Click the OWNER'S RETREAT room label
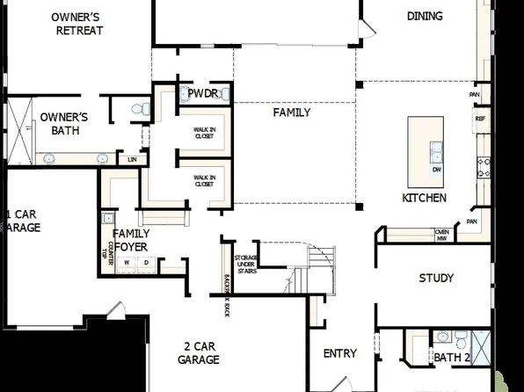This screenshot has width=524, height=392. tap(77, 24)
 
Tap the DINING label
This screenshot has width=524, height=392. tap(425, 16)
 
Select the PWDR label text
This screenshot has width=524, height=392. tap(202, 93)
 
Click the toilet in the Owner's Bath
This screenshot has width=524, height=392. tap(137, 109)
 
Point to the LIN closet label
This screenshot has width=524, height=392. tap(132, 159)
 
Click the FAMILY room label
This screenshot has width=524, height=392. tap(291, 113)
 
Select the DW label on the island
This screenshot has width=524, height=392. tap(437, 170)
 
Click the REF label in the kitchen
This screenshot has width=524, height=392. tap(480, 118)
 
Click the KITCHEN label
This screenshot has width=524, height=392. tap(424, 198)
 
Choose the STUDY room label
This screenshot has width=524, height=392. tap(436, 278)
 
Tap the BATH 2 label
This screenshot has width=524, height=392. tap(453, 357)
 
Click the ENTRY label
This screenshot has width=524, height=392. tap(340, 353)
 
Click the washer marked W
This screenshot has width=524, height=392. tap(126, 262)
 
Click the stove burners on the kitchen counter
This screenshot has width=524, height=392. tap(482, 167)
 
